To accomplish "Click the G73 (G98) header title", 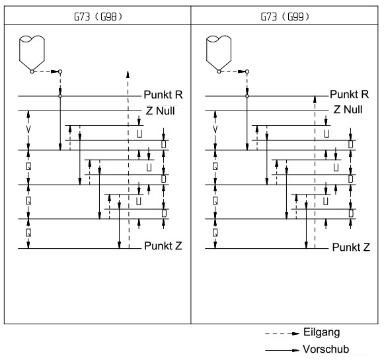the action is [98, 17].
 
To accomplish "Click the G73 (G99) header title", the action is [285, 17].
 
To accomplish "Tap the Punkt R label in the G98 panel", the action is [163, 95].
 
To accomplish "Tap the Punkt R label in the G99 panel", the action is [349, 94].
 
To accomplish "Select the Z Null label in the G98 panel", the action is [161, 111].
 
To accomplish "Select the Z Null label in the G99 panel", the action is [348, 109].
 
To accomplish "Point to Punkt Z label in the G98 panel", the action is [163, 246].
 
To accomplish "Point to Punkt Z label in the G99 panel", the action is [351, 247].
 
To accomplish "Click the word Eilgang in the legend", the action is [322, 332].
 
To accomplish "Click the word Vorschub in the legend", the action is [326, 349].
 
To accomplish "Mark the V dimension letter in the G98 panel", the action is [28, 129].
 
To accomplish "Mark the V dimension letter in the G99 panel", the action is [215, 129].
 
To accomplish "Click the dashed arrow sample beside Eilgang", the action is [282, 334].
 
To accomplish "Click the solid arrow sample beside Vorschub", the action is [282, 350].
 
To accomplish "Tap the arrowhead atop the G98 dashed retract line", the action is [128, 74].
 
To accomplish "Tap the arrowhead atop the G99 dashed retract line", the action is [315, 99].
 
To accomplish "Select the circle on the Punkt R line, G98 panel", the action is [60, 96].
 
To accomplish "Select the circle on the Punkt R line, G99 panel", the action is [247, 96].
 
